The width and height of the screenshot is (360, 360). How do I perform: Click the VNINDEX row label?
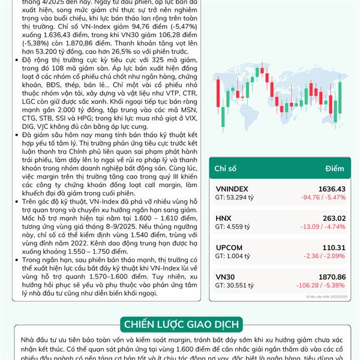(231, 188)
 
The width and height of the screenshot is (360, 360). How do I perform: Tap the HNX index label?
(223, 218)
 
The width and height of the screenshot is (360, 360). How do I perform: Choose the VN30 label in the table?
(225, 276)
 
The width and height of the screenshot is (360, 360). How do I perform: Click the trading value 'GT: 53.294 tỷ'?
(235, 197)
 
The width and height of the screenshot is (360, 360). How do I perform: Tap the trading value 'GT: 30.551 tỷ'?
(235, 285)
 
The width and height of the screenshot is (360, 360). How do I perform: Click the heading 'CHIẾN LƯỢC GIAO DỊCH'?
(180, 325)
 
